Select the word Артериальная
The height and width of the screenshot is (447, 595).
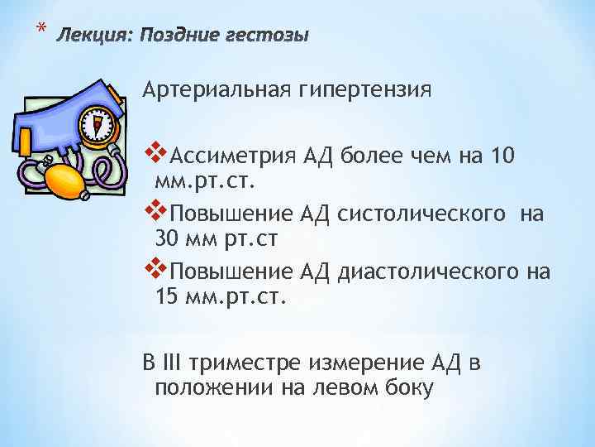click(213, 89)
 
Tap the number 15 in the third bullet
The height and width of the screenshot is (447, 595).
click(167, 296)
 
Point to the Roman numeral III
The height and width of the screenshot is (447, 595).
click(172, 363)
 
